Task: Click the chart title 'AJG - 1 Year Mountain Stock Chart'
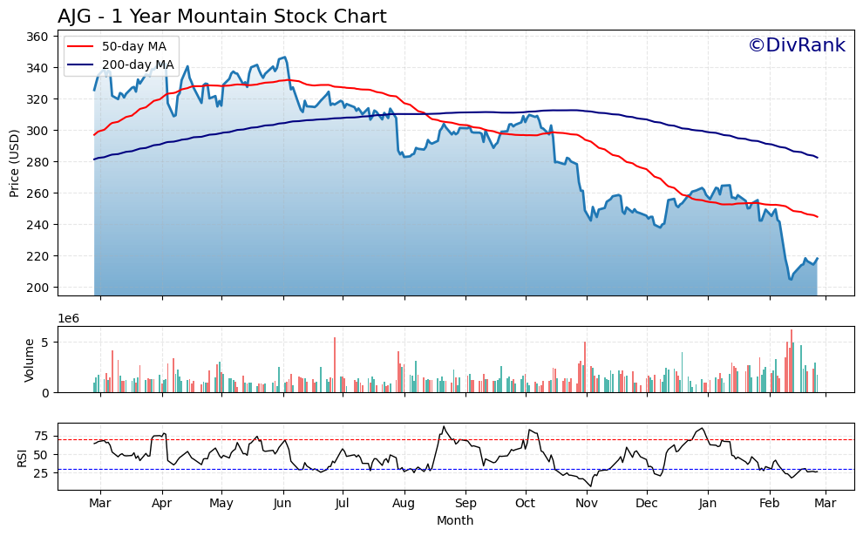point(221,17)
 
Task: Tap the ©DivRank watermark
point(796,46)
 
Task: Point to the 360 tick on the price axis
point(40,37)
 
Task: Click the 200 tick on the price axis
point(40,288)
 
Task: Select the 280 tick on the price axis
point(40,162)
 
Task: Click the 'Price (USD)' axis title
point(15,163)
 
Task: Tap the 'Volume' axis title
point(30,359)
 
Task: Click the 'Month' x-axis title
point(455,521)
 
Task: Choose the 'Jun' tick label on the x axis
point(282,504)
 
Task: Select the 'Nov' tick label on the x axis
point(587,504)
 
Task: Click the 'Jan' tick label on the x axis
point(708,504)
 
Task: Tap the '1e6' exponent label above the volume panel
point(69,319)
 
